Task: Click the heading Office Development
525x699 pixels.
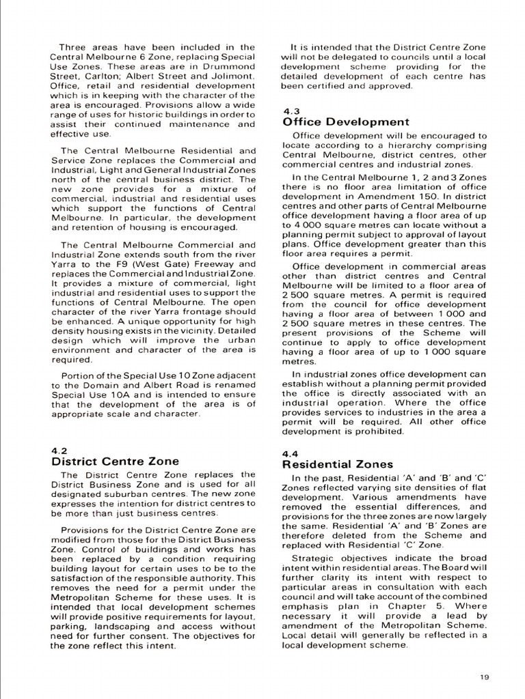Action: pyautogui.click(x=346, y=122)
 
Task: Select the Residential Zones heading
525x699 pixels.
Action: pyautogui.click(x=338, y=464)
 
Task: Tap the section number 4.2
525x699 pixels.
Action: pyautogui.click(x=59, y=450)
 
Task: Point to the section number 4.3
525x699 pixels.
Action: pyautogui.click(x=290, y=111)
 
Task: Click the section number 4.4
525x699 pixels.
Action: pyautogui.click(x=290, y=453)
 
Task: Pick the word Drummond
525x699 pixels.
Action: pyautogui.click(x=230, y=66)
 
